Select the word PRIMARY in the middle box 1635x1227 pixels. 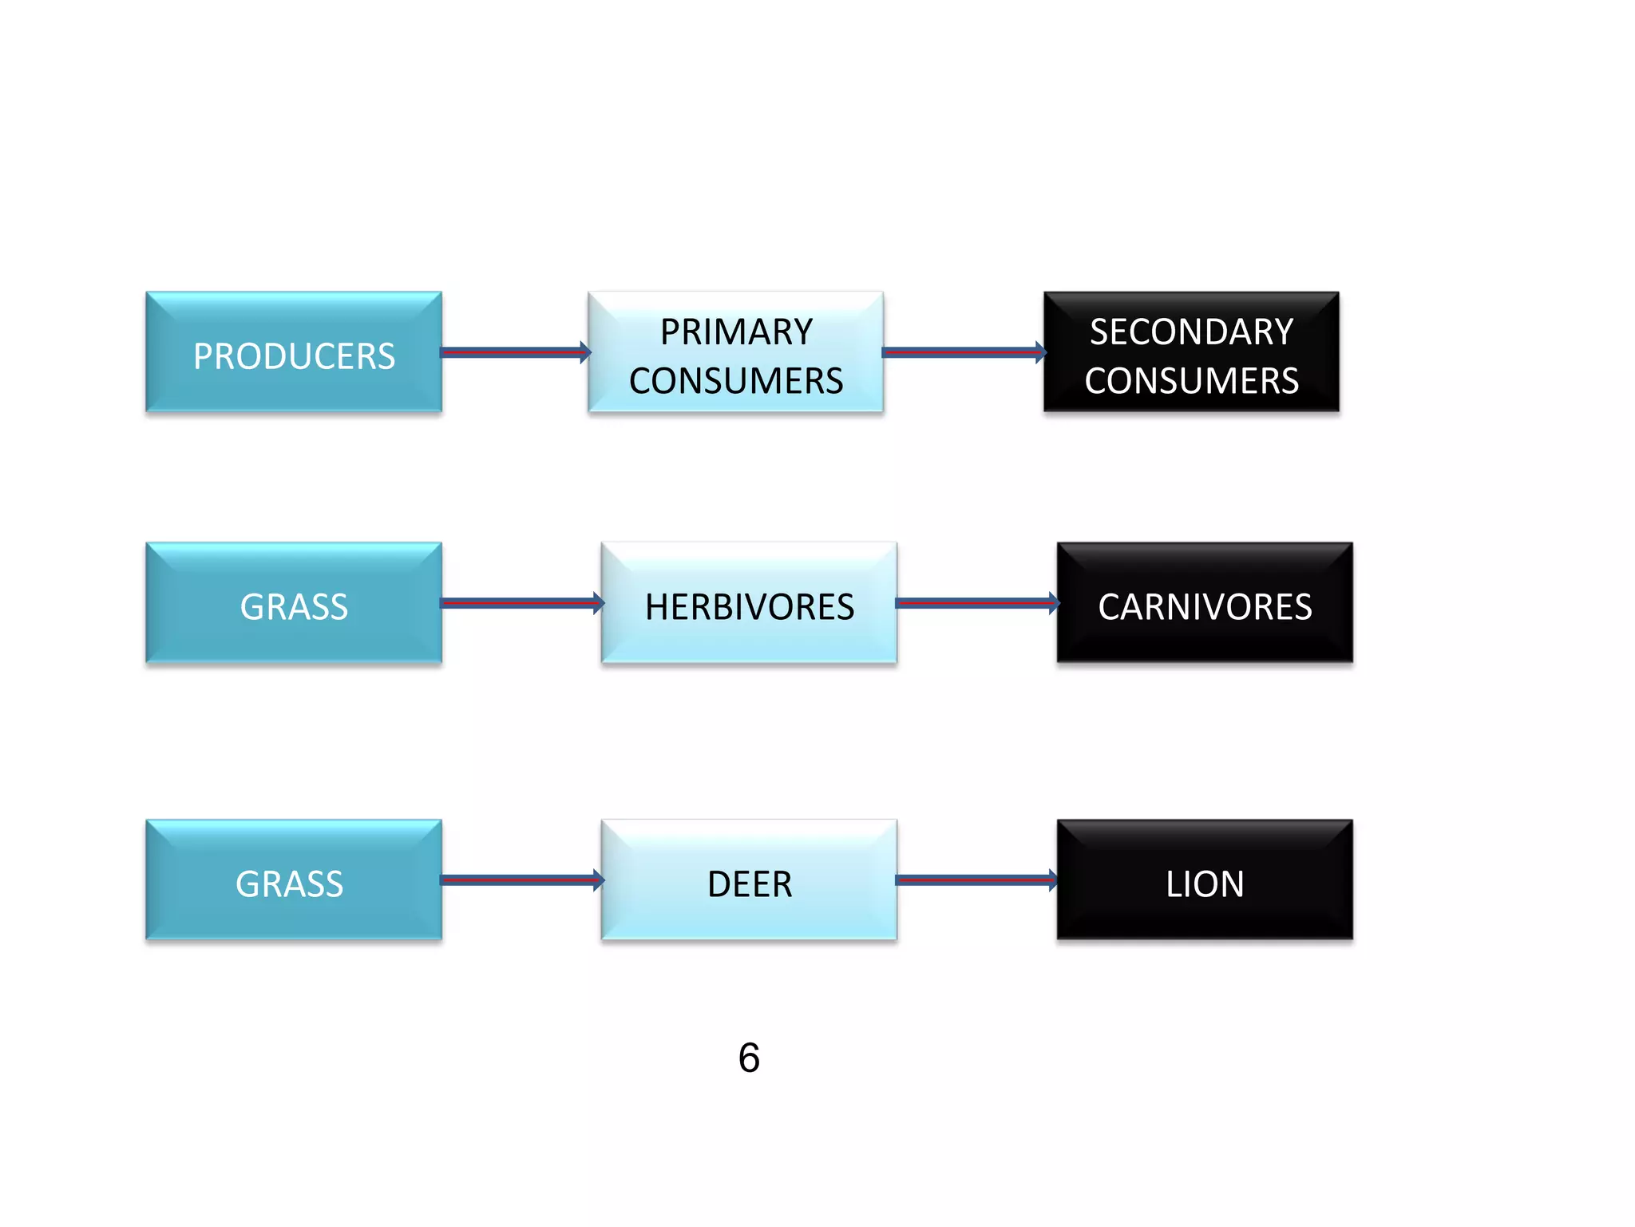(736, 332)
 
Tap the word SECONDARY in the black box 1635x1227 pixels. (1191, 332)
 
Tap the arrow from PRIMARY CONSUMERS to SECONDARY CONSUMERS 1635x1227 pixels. (961, 352)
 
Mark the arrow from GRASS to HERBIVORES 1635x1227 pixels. (519, 603)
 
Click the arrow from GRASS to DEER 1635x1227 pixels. (519, 880)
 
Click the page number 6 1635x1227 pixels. (749, 1058)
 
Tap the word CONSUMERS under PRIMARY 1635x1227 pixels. (736, 381)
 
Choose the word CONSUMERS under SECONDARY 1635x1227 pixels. (1191, 381)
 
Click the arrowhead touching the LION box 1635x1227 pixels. (1052, 880)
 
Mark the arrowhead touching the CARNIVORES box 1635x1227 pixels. (1054, 603)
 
